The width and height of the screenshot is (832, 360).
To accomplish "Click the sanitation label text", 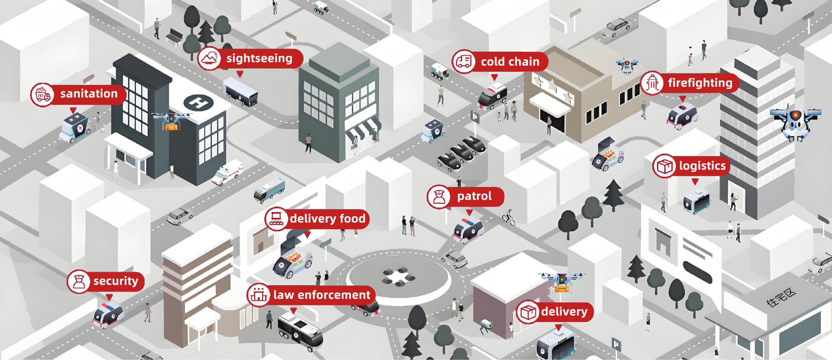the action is point(89,94).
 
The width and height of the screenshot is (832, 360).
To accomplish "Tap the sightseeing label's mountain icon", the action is point(209,58).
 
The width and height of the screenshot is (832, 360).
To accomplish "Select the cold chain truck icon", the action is point(464,62).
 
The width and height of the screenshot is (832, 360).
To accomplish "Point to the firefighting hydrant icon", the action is point(652,83).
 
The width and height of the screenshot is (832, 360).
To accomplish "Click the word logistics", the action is point(702,165).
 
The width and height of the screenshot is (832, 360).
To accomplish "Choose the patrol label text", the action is point(474,196).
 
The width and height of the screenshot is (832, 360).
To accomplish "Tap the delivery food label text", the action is point(328,218).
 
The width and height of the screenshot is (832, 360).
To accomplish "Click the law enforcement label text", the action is point(322,295).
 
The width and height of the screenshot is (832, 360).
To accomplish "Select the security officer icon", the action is point(78,282).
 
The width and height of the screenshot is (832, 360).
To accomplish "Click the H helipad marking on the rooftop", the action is point(198,103).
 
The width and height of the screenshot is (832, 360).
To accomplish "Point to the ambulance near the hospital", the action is point(227,172).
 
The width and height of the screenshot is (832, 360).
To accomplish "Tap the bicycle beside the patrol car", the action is point(509,218).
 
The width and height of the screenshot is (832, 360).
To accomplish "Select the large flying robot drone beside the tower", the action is point(796,122).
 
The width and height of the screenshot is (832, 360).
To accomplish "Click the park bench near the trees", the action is point(174,36).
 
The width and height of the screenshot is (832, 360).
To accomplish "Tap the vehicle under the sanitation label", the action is point(75,127).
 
